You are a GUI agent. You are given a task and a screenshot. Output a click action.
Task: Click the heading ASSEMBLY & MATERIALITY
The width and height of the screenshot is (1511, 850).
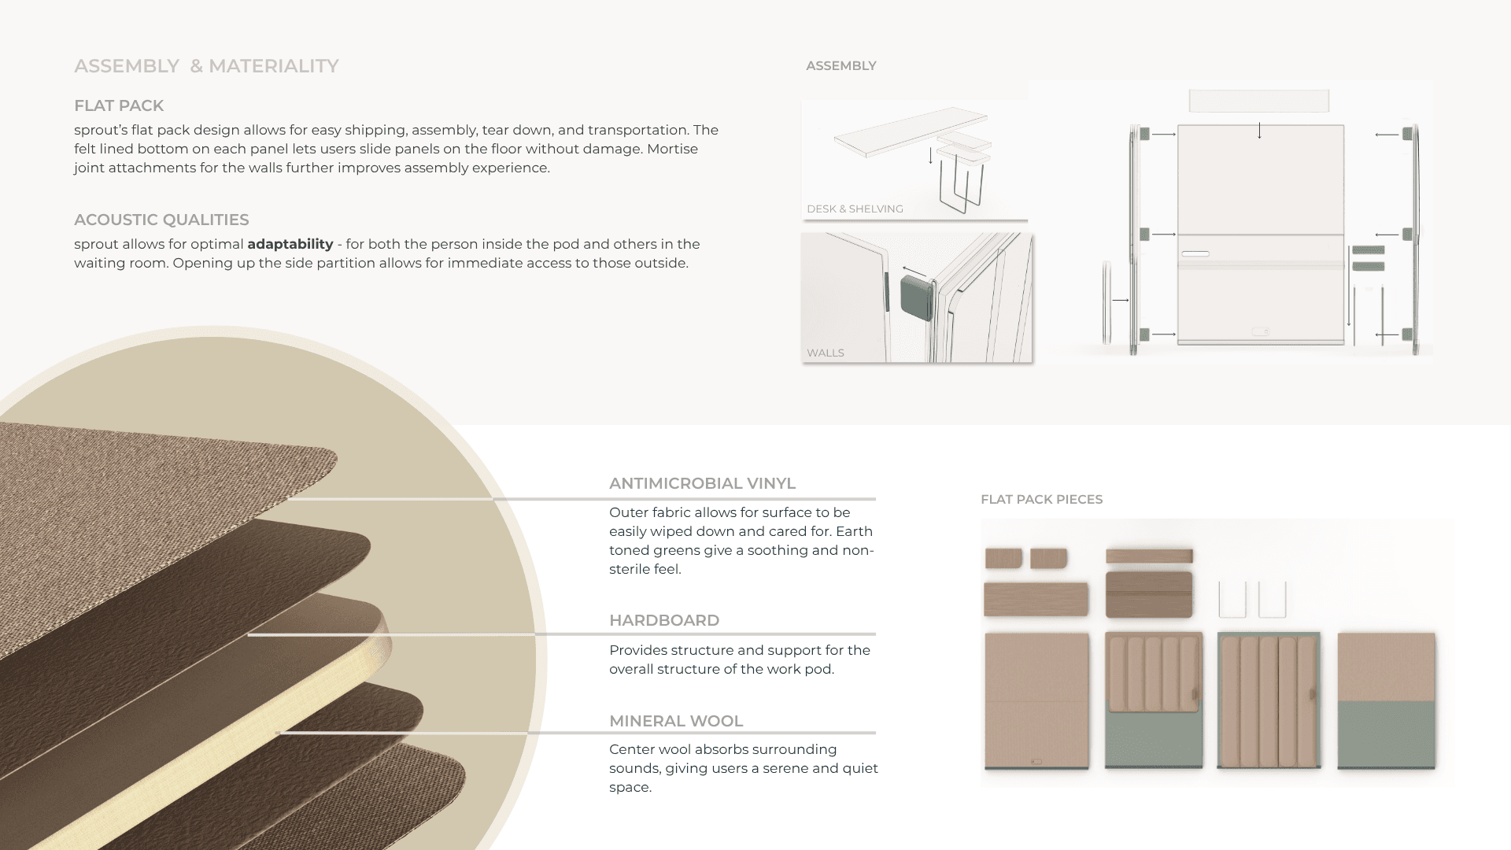pyautogui.click(x=206, y=66)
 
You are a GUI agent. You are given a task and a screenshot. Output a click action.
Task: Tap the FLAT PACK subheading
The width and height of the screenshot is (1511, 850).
pyautogui.click(x=119, y=105)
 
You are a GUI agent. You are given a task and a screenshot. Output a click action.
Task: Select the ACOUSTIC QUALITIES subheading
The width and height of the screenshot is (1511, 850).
pyautogui.click(x=161, y=220)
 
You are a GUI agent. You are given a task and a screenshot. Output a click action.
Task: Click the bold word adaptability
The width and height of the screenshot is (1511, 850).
pyautogui.click(x=290, y=244)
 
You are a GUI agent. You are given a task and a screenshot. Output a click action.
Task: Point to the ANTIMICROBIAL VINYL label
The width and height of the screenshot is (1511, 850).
pyautogui.click(x=702, y=483)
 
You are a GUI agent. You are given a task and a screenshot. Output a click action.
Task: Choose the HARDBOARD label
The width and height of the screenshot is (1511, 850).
pyautogui.click(x=664, y=620)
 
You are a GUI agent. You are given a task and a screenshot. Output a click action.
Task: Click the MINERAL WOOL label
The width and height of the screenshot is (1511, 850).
pyautogui.click(x=676, y=721)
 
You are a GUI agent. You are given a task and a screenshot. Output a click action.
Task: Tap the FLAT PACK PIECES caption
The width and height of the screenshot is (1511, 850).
pyautogui.click(x=1041, y=499)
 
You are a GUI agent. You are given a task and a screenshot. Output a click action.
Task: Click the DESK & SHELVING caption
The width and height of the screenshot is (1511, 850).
pyautogui.click(x=855, y=209)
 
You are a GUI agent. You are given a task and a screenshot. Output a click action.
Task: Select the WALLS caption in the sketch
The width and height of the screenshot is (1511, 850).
pyautogui.click(x=826, y=353)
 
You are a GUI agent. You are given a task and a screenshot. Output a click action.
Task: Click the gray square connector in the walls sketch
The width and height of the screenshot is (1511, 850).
pyautogui.click(x=917, y=296)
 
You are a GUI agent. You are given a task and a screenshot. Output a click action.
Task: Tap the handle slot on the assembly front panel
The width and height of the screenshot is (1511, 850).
pyautogui.click(x=1195, y=253)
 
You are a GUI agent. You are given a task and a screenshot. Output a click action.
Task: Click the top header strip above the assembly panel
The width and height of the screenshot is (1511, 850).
pyautogui.click(x=1259, y=101)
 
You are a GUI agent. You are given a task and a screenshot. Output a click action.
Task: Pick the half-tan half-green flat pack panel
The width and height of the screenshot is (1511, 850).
pyautogui.click(x=1386, y=700)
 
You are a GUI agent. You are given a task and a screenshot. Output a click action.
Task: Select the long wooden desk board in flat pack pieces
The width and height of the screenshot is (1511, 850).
pyautogui.click(x=1036, y=600)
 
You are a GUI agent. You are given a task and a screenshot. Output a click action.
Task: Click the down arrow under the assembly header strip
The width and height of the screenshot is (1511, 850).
pyautogui.click(x=1259, y=131)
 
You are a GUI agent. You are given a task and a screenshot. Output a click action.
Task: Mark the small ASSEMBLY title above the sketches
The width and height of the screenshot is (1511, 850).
pyautogui.click(x=841, y=66)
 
